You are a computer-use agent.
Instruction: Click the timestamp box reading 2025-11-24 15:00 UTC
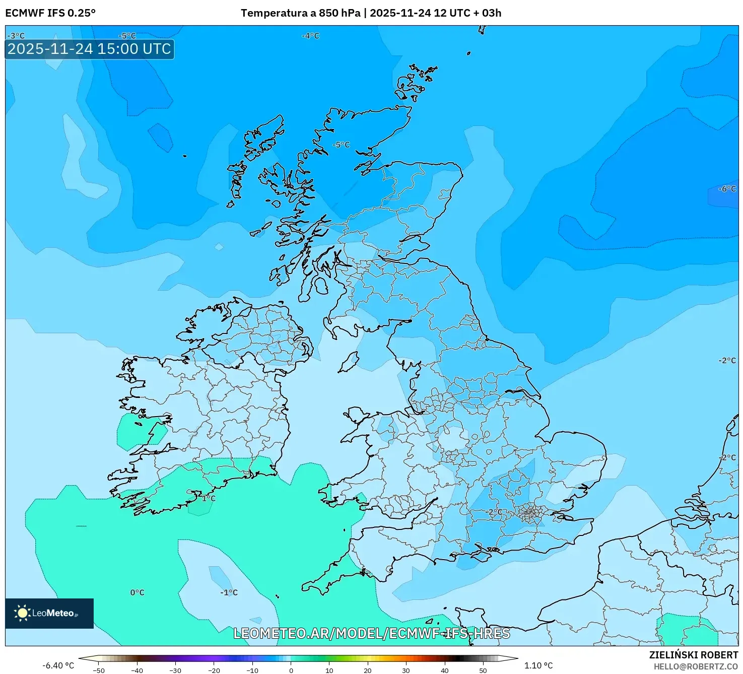89,49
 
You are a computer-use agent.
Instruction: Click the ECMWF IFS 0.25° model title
50,13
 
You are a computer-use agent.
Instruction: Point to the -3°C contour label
16,36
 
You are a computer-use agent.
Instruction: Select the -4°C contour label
310,36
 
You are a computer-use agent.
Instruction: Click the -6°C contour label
727,189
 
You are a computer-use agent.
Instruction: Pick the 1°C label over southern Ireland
208,498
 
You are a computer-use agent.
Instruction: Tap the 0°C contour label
137,592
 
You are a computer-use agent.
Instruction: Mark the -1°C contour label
229,592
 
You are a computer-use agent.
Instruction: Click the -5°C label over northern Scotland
341,145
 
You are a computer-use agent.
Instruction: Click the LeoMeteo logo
49,613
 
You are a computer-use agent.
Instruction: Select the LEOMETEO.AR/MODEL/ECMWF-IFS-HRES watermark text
372,633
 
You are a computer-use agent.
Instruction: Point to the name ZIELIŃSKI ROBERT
694,655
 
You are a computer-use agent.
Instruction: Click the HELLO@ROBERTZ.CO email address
696,666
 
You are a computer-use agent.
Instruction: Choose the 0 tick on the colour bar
291,670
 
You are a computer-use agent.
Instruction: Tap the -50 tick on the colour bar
99,670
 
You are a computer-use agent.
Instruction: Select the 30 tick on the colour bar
406,670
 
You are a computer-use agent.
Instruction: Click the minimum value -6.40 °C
58,665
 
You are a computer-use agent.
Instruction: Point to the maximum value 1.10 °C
538,665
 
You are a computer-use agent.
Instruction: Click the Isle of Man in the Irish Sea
349,362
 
